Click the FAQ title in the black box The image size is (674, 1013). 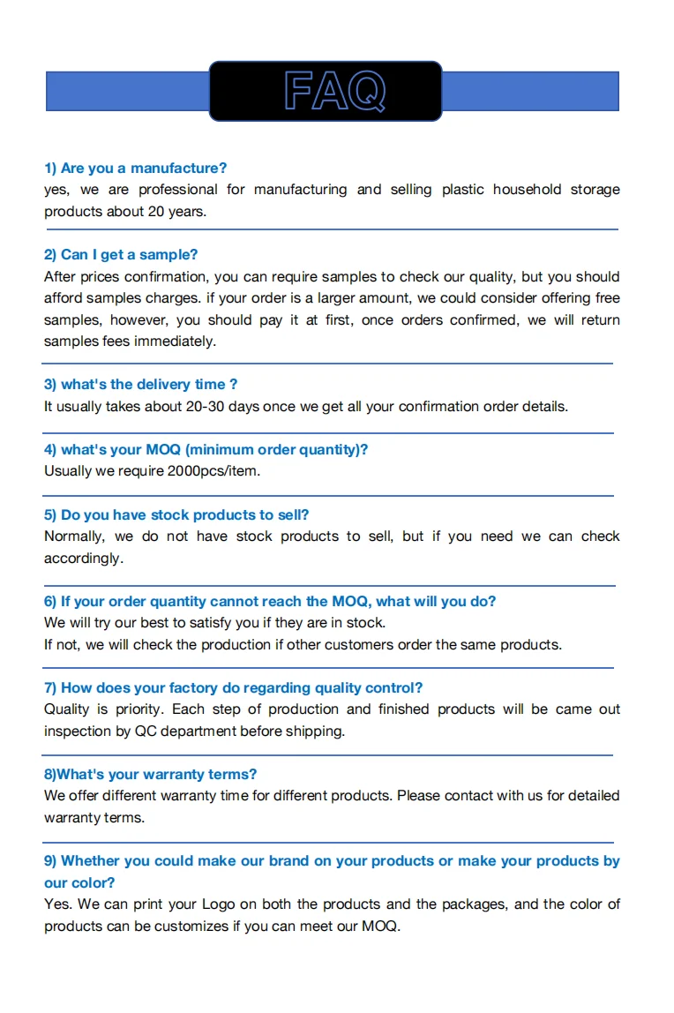click(334, 91)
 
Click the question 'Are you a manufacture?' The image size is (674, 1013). click(136, 168)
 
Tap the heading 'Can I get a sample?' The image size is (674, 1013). click(121, 255)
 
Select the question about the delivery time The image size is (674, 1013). click(141, 385)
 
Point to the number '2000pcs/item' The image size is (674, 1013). click(213, 471)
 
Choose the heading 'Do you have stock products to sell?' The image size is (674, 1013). click(176, 515)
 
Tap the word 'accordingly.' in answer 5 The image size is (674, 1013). click(84, 559)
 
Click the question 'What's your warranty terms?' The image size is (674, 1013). click(150, 775)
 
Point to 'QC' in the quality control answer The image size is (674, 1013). click(145, 732)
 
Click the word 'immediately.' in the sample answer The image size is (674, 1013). click(175, 341)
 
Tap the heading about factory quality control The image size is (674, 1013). click(234, 688)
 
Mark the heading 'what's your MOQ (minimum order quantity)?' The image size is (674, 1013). click(206, 450)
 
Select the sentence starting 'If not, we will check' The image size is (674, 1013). click(303, 645)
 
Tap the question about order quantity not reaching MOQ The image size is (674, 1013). click(270, 602)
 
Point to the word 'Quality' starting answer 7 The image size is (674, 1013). click(67, 709)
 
